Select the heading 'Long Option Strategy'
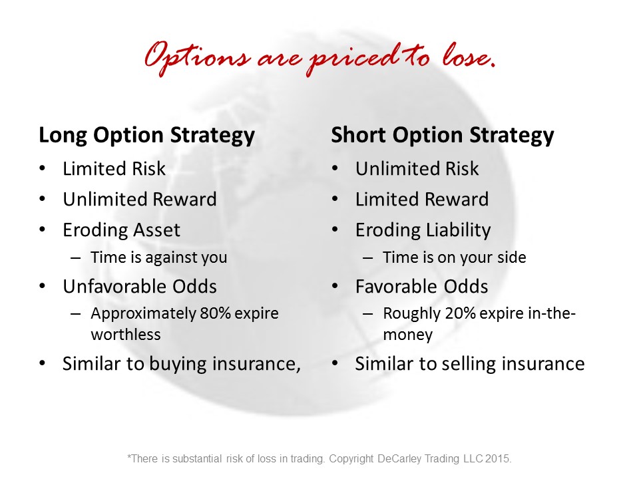pyautogui.click(x=146, y=135)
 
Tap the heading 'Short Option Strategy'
pyautogui.click(x=443, y=135)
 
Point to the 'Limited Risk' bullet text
pyautogui.click(x=114, y=168)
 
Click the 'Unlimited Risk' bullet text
pyautogui.click(x=417, y=168)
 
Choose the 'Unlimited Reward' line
pyautogui.click(x=140, y=199)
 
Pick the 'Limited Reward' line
pyautogui.click(x=422, y=199)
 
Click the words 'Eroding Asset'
pyautogui.click(x=121, y=230)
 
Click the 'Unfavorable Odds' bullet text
pyautogui.click(x=140, y=286)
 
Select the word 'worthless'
pyautogui.click(x=126, y=335)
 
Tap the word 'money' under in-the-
pyautogui.click(x=408, y=335)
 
